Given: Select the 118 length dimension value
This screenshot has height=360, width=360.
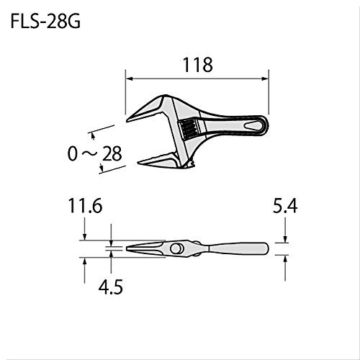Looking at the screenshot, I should (197, 65).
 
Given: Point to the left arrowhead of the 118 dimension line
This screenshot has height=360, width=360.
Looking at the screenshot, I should (130, 78).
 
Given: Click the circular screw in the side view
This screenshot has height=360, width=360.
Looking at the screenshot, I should (176, 248).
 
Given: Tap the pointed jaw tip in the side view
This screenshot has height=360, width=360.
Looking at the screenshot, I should (130, 249).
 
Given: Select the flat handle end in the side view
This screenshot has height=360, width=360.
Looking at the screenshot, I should (263, 249).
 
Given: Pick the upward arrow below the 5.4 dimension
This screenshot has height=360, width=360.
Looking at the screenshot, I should (286, 261).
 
